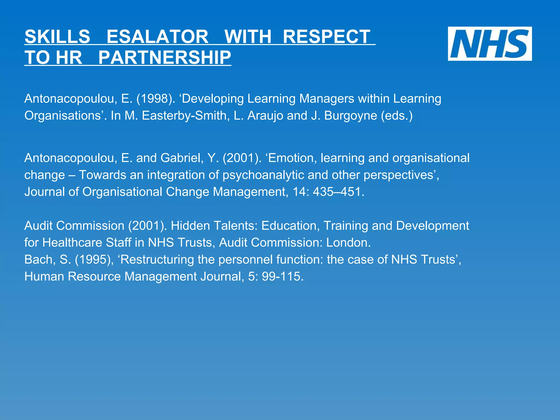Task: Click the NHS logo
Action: point(489,44)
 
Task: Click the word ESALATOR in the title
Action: point(157,37)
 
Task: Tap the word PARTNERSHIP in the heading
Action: point(165,58)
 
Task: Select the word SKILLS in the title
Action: point(57,37)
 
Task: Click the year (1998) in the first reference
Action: point(156,99)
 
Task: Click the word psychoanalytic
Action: point(263,175)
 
